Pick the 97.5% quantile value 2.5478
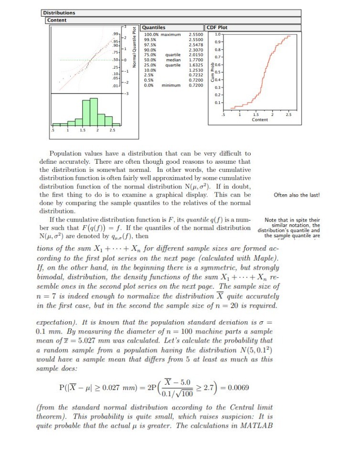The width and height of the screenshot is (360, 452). [196, 43]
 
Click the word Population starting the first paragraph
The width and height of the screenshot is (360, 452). [67, 154]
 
